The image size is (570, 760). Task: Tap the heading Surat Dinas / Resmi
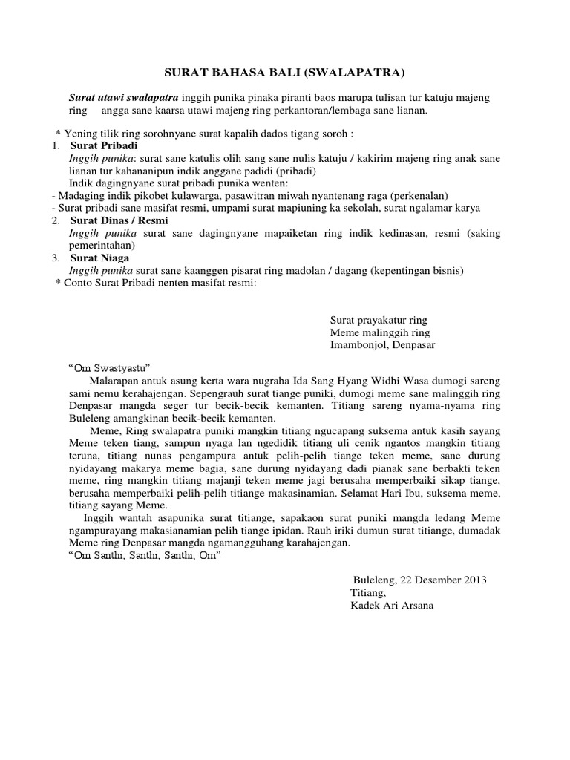pos(119,220)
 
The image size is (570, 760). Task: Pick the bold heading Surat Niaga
pos(101,258)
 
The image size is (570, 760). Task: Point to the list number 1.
pos(56,146)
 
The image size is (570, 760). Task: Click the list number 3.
pos(56,258)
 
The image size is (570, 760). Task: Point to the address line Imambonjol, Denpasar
pos(383,345)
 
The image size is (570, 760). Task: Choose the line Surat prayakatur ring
pos(379,321)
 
